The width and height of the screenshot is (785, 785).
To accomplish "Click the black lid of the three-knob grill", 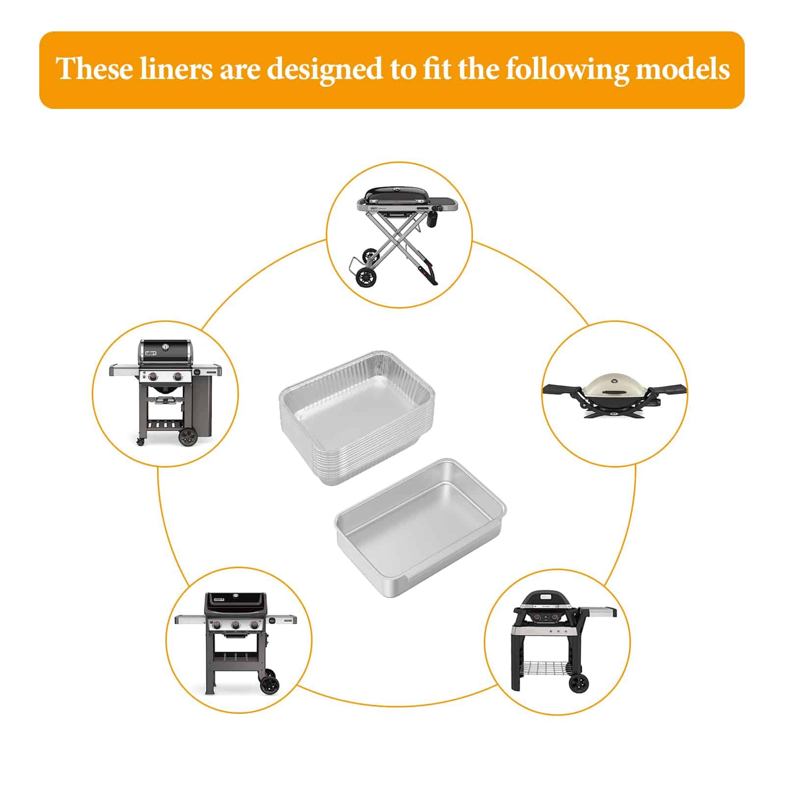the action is click(235, 603).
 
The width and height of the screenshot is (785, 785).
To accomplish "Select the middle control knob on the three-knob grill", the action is click(235, 625).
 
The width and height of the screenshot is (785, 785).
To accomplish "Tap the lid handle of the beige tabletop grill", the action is click(613, 391).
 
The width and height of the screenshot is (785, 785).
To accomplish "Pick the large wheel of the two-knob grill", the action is click(186, 437).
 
